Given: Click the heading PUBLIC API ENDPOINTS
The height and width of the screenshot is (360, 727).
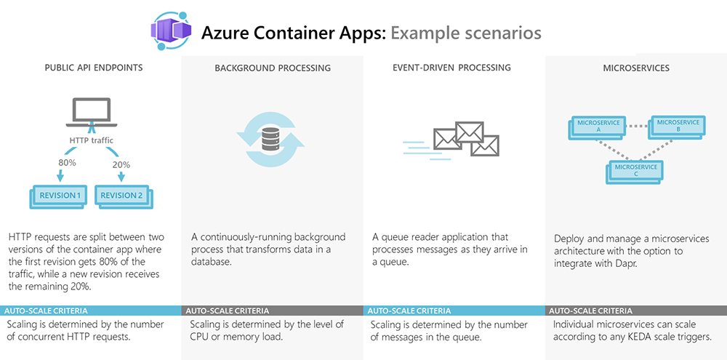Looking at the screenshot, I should click(x=93, y=68).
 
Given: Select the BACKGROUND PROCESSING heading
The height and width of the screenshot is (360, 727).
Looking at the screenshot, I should click(x=273, y=68).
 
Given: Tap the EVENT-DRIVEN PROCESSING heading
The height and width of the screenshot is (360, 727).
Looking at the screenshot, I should click(x=451, y=68).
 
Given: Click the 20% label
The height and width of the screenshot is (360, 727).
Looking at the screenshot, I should click(x=121, y=165).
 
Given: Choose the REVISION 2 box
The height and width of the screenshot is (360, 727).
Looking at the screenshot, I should click(x=123, y=195).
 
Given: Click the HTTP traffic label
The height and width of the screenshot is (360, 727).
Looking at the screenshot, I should click(x=90, y=140).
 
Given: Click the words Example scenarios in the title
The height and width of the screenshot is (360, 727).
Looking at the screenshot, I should click(x=465, y=33).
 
